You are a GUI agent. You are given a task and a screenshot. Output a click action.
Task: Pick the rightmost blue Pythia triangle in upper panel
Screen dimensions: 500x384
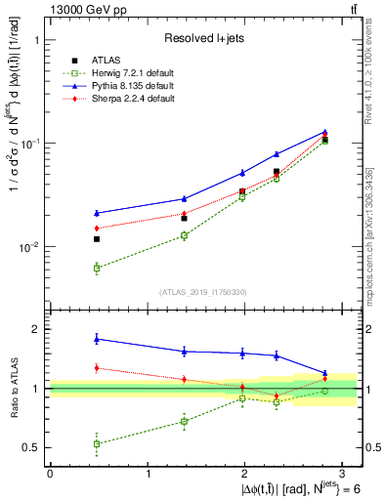[x=325, y=132]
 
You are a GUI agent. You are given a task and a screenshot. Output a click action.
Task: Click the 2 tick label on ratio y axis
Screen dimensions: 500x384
[x=37, y=329]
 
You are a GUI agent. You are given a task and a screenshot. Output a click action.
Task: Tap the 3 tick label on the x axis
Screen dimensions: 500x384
[x=343, y=473]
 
